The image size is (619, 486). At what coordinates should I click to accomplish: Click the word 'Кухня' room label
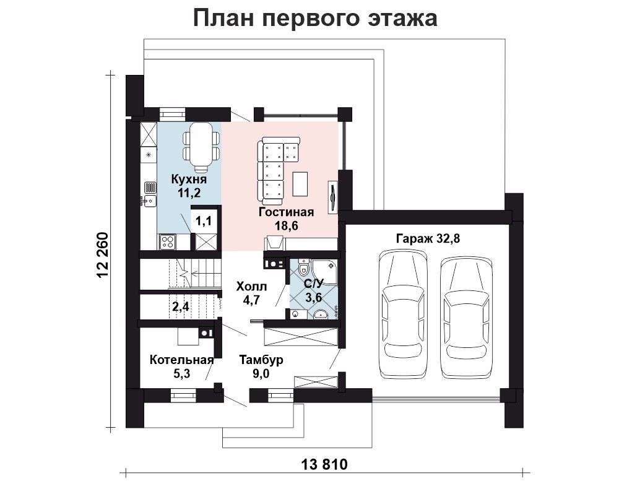(x=189, y=180)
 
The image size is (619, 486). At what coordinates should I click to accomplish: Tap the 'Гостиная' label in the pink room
(x=286, y=212)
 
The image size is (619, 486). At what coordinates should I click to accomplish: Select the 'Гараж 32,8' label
(x=428, y=239)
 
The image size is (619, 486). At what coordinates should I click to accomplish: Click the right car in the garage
(x=466, y=318)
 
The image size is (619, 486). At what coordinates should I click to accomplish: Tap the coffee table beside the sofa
(x=300, y=184)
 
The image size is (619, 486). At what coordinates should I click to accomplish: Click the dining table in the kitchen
(x=201, y=147)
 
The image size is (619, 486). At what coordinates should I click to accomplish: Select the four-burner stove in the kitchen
(x=168, y=241)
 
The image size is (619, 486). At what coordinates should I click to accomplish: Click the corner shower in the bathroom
(x=326, y=271)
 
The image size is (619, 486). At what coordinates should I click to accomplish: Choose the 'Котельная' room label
(x=181, y=360)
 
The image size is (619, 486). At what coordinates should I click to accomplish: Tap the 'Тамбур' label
(x=261, y=360)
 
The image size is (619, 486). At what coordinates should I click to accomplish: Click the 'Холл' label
(x=251, y=286)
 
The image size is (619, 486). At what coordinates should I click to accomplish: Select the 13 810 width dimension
(x=324, y=464)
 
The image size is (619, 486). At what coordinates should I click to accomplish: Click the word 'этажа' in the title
(x=402, y=19)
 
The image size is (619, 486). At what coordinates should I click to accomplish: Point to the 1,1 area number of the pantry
(x=204, y=221)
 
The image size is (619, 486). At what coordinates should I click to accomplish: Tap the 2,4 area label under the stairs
(x=181, y=306)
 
